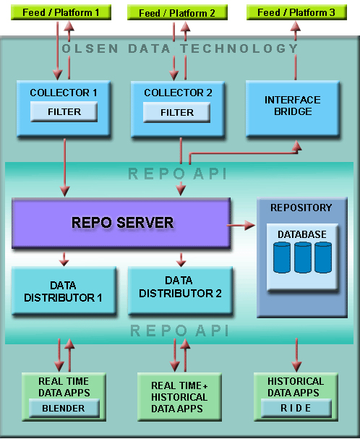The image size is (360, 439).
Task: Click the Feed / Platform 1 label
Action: coord(61,12)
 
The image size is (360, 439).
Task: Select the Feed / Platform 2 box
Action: coord(177,12)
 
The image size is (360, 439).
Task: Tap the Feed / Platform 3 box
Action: coord(296,12)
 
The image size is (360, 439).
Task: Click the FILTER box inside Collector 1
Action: coord(64,111)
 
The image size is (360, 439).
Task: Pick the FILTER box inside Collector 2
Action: coord(176,112)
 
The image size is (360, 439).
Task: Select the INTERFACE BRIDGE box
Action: coord(293,108)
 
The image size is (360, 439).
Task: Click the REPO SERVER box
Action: coord(121,223)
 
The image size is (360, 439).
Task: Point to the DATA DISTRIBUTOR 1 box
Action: coord(64,291)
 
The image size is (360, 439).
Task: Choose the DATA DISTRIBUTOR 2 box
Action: coord(180,291)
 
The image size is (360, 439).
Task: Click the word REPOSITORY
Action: coord(301,208)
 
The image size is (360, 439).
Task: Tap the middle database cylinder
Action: coord(303,257)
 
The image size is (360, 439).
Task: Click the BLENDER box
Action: coord(64,408)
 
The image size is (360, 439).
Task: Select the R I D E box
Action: coord(296,408)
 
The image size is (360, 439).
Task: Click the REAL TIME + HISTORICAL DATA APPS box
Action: coord(179,397)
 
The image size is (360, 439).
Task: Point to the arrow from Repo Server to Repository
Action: coord(241,225)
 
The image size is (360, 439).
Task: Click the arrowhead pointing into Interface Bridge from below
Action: coord(296,146)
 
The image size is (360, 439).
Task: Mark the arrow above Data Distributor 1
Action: coord(64,259)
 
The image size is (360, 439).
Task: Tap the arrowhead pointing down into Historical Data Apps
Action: coord(296,367)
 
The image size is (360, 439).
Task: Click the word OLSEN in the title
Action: coord(90,48)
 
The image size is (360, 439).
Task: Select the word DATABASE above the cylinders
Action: coord(302,234)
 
